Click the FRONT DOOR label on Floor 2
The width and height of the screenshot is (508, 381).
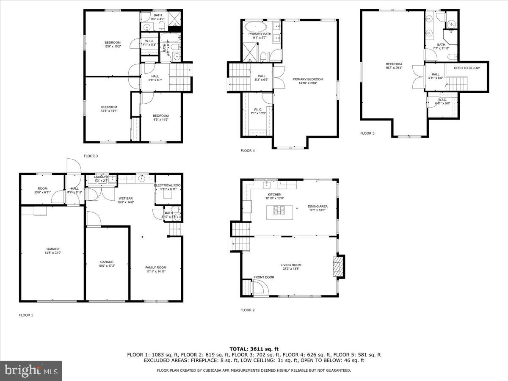264,277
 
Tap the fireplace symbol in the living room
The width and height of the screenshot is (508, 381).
337,266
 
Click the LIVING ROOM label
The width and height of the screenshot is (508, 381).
291,265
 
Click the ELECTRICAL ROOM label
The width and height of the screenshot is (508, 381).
168,185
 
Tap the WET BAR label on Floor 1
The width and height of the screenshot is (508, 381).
126,198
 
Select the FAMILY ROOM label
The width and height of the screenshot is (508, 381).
156,267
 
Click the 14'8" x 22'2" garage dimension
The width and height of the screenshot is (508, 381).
53,253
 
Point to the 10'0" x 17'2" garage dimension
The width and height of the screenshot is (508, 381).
107,266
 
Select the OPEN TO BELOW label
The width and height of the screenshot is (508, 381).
467,68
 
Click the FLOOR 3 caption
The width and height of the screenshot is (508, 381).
91,156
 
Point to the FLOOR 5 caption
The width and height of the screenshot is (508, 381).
367,133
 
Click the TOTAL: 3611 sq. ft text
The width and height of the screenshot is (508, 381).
254,348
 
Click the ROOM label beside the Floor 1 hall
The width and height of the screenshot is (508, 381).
42,188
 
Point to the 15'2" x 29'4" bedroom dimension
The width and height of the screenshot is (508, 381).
393,68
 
